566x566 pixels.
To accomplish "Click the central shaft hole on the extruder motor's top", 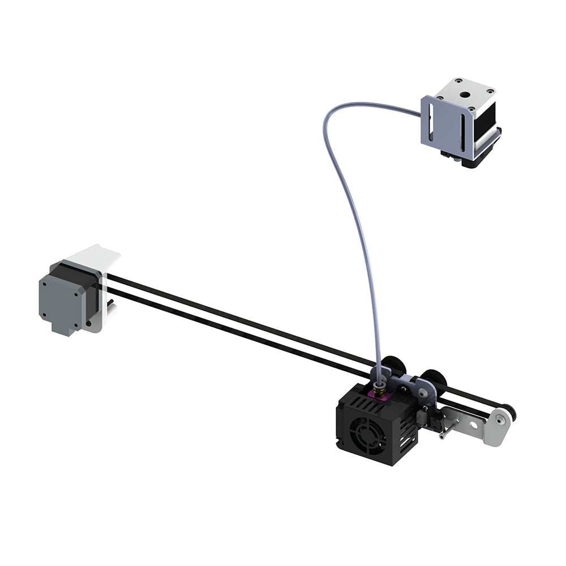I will [466, 96].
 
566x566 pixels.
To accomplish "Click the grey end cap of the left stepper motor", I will [62, 300].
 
